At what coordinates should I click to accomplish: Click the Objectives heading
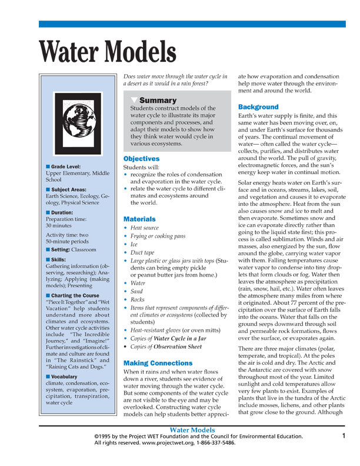141,159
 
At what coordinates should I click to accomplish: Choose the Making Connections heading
158,363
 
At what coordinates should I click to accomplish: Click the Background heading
258,107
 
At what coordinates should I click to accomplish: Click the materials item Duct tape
144,252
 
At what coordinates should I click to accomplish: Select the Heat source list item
144,227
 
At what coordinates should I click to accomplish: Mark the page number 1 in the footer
342,435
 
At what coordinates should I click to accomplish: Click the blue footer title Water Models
192,430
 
